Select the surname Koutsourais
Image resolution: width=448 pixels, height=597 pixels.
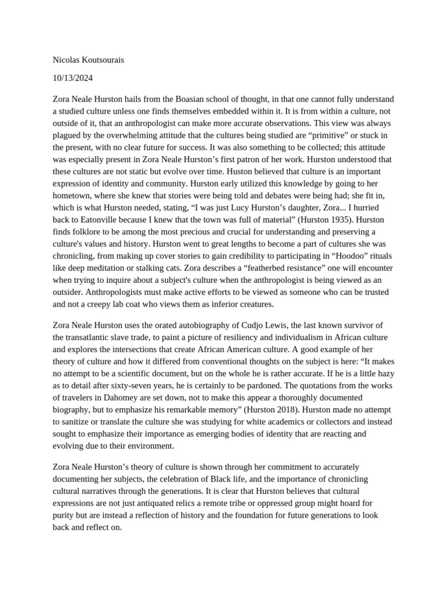tap(103, 60)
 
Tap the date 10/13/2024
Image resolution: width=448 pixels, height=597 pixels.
tap(73, 78)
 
